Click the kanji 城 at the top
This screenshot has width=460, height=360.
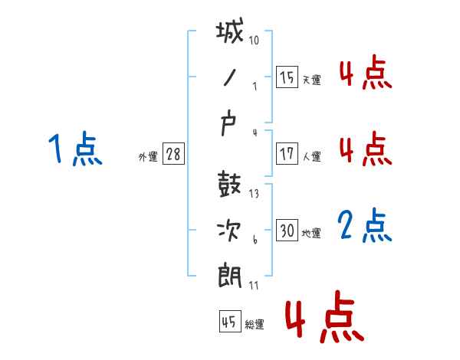click(x=230, y=30)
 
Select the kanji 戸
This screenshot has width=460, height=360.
click(x=228, y=125)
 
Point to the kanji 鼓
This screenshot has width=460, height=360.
click(x=229, y=184)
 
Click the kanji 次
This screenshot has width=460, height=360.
click(x=229, y=231)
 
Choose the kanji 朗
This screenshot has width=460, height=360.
click(x=230, y=275)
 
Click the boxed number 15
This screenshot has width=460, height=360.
click(x=287, y=77)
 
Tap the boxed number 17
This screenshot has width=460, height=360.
click(x=287, y=154)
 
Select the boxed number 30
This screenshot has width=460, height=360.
click(x=287, y=230)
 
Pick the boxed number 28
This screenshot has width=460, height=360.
click(x=173, y=154)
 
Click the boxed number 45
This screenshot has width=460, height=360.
click(x=230, y=321)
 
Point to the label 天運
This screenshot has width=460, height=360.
click(x=312, y=80)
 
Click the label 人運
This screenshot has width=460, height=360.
click(x=312, y=156)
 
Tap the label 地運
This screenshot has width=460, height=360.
click(x=311, y=233)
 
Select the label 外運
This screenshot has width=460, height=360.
click(x=148, y=157)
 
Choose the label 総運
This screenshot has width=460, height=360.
click(x=255, y=324)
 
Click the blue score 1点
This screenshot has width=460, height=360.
click(x=75, y=149)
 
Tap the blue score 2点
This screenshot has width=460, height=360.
click(x=365, y=225)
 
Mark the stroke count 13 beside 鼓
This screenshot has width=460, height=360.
click(x=254, y=194)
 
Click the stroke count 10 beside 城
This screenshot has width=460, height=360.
click(x=254, y=40)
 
